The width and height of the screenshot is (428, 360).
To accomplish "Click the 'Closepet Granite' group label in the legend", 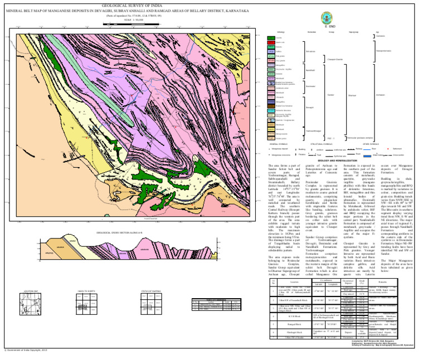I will click(334, 58).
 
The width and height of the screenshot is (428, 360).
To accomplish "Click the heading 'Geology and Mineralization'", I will click(342, 159).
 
